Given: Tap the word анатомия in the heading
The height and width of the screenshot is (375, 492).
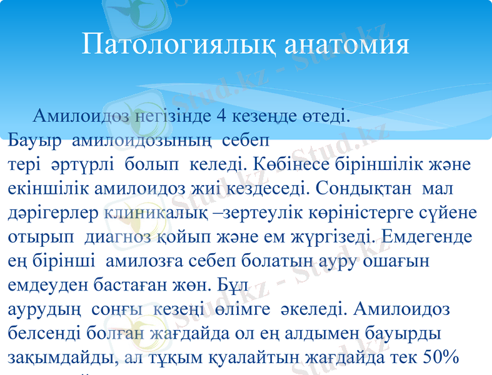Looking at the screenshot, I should [x=347, y=44].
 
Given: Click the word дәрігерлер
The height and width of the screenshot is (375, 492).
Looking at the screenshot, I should [x=54, y=212].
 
